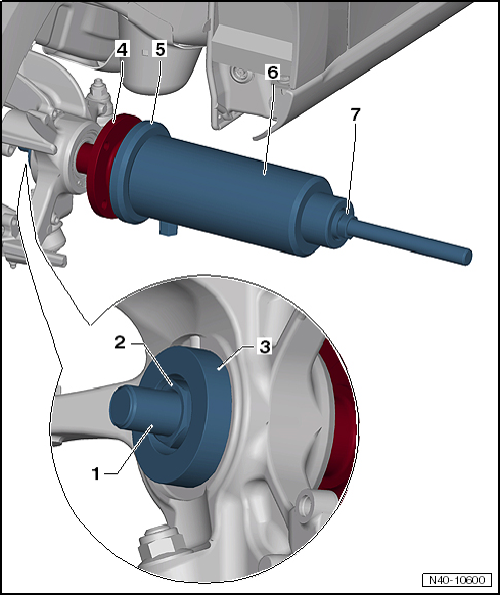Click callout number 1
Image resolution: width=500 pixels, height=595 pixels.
[x=97, y=474]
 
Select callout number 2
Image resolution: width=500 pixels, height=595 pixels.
[x=120, y=343]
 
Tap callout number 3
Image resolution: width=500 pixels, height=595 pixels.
[x=264, y=346]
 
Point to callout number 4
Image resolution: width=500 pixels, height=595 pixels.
[x=122, y=49]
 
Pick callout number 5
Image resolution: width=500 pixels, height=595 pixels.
[x=160, y=49]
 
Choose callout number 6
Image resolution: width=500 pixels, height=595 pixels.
[x=273, y=72]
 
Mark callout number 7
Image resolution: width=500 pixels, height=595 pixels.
[x=355, y=115]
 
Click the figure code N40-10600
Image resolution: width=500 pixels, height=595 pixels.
[x=457, y=580]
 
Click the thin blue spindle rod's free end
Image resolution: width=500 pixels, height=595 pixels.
[x=467, y=257]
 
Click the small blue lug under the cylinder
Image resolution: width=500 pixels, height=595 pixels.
[x=168, y=228]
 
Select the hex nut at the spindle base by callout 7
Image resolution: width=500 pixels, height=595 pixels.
[x=341, y=224]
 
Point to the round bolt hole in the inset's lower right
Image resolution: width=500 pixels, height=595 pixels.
[x=307, y=503]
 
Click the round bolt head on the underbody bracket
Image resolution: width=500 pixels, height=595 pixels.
[x=239, y=72]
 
